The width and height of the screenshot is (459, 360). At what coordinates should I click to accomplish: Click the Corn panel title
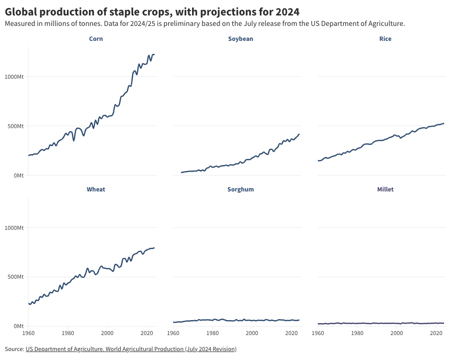pyautogui.click(x=96, y=39)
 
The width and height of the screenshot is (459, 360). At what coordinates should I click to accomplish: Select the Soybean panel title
pyautogui.click(x=240, y=39)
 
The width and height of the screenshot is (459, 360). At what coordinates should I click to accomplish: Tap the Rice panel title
pyautogui.click(x=385, y=39)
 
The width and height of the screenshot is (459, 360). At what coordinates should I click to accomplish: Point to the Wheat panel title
pyautogui.click(x=96, y=189)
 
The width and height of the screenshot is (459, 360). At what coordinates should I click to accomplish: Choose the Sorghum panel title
pyautogui.click(x=240, y=189)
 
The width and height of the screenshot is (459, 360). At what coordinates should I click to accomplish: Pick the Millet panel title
pyautogui.click(x=385, y=189)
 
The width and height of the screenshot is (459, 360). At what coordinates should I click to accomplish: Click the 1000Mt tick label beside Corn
pyautogui.click(x=14, y=77)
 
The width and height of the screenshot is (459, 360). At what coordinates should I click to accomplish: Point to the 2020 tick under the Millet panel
pyautogui.click(x=437, y=333)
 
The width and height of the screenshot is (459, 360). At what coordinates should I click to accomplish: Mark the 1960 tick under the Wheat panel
pyautogui.click(x=28, y=333)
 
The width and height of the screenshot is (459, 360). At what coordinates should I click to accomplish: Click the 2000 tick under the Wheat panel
pyautogui.click(x=107, y=333)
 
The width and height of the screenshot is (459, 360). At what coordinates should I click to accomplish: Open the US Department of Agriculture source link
pyautogui.click(x=131, y=349)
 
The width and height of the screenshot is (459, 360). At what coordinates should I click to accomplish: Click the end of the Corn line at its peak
pyautogui.click(x=154, y=54)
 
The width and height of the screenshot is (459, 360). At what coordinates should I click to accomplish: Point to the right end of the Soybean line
pyautogui.click(x=299, y=134)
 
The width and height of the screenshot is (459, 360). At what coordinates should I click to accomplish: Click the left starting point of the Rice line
pyautogui.click(x=318, y=161)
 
